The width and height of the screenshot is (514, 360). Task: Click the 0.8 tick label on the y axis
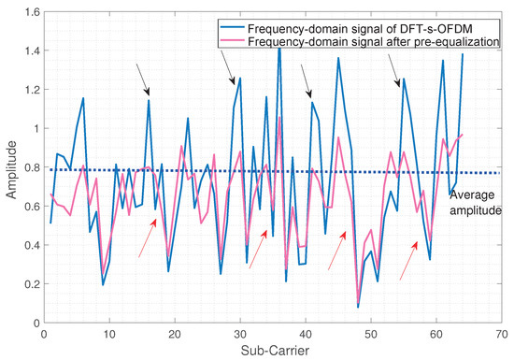point(27,169)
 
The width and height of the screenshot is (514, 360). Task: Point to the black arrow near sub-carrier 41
point(306,81)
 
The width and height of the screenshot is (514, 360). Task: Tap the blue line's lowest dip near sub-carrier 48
point(358,307)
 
